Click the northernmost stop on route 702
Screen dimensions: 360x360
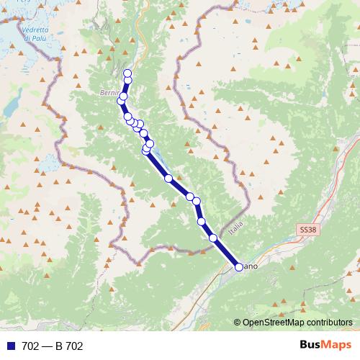pyautogui.click(x=127, y=73)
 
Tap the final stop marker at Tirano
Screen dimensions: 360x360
pyautogui.click(x=239, y=267)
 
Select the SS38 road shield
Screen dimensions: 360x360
pyautogui.click(x=308, y=229)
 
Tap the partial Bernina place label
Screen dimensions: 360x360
pyautogui.click(x=109, y=94)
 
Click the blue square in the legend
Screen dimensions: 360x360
pyautogui.click(x=11, y=346)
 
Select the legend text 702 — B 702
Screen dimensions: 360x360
pyautogui.click(x=53, y=346)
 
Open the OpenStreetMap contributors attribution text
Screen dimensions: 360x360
pyautogui.click(x=297, y=323)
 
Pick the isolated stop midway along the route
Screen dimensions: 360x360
pyautogui.click(x=168, y=178)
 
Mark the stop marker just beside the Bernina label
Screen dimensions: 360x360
pyautogui.click(x=124, y=96)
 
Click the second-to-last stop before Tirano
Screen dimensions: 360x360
pyautogui.click(x=213, y=238)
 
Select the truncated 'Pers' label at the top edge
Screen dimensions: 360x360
pyautogui.click(x=24, y=3)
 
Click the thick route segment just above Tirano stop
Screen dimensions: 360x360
pyautogui.click(x=227, y=253)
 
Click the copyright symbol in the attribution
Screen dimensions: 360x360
pyautogui.click(x=238, y=323)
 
